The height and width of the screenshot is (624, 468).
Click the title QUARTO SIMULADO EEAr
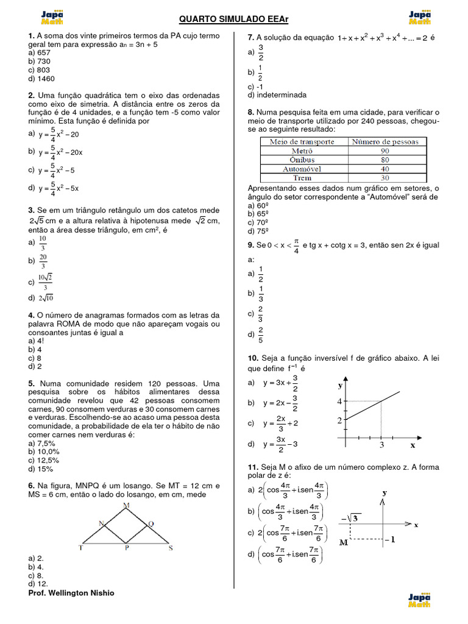pos(233,19)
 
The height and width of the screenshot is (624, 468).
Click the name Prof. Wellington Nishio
pos(71,593)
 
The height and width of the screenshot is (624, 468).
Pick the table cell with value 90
pos(385,151)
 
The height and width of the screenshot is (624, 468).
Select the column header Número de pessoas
pos(385,141)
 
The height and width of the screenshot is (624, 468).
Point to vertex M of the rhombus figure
pos(126,506)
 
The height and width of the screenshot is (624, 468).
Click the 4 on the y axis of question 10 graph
pos(339,401)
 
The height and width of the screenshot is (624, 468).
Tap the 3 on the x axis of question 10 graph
pos(381,445)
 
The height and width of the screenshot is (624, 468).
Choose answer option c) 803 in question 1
pos(39,69)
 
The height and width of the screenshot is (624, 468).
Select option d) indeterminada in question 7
pos(277,95)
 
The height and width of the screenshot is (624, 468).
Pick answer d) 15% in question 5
pos(41,469)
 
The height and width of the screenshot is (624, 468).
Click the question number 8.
pos(251,113)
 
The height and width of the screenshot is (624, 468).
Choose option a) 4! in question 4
pos(37,341)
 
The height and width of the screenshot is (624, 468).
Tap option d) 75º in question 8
pos(258,232)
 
